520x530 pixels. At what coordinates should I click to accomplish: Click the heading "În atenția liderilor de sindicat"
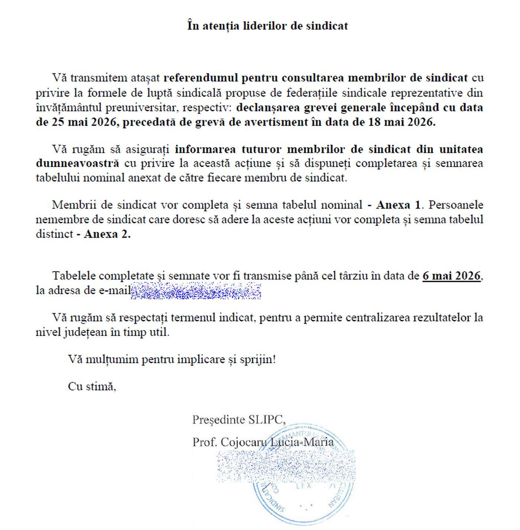coord(267,26)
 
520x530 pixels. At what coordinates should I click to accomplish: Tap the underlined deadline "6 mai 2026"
coord(451,276)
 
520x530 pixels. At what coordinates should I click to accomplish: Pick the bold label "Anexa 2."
coord(107,234)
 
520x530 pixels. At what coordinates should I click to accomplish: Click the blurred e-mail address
coord(196,290)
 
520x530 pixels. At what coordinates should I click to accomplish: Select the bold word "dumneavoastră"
coord(78,163)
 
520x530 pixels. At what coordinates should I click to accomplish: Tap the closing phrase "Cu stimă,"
coord(92,386)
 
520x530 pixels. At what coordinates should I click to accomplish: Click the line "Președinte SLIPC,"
coord(239,420)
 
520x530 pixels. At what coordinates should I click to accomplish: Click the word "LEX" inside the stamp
coord(303,486)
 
